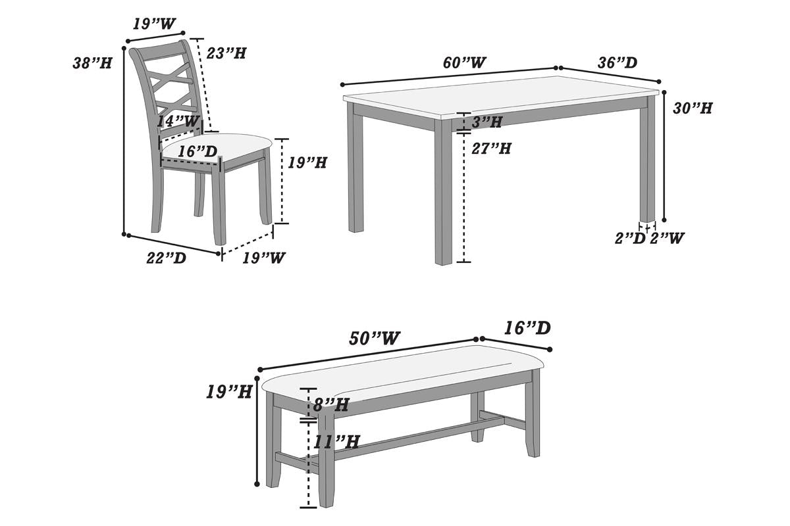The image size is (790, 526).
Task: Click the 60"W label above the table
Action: pyautogui.click(x=464, y=62)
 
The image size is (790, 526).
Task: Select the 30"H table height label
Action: pyautogui.click(x=693, y=108)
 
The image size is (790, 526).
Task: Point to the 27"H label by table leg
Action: pyautogui.click(x=492, y=149)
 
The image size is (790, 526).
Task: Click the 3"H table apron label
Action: pyautogui.click(x=487, y=122)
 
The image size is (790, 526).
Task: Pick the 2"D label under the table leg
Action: pyautogui.click(x=630, y=239)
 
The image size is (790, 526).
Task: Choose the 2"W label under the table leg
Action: pyautogui.click(x=667, y=239)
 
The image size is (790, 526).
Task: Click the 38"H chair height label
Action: pyautogui.click(x=92, y=63)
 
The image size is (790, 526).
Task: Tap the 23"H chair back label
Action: pyautogui.click(x=226, y=53)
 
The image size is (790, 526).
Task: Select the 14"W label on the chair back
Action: pyautogui.click(x=178, y=122)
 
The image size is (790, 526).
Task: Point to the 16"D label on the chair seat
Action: pyautogui.click(x=197, y=151)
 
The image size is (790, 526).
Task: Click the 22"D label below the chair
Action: pyautogui.click(x=166, y=258)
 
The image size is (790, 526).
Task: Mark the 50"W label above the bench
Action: pyautogui.click(x=375, y=339)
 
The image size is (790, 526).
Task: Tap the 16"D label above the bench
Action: pyautogui.click(x=527, y=328)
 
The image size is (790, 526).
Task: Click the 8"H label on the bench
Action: pyautogui.click(x=330, y=405)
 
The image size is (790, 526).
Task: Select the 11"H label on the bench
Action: pyautogui.click(x=336, y=442)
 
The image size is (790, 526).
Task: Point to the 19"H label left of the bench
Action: pyautogui.click(x=229, y=392)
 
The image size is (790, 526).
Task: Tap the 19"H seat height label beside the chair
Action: pyautogui.click(x=307, y=162)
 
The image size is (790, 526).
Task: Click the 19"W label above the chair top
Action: pyautogui.click(x=154, y=24)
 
